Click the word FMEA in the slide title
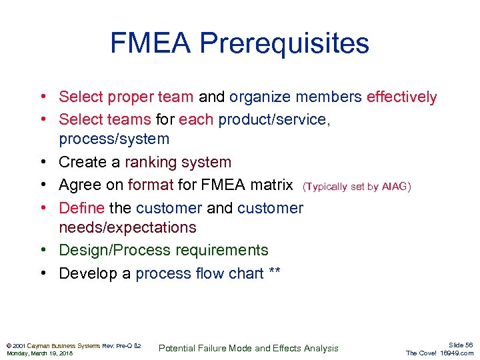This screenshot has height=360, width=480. pos(150,44)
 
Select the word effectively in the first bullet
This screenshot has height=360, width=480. pos(401,97)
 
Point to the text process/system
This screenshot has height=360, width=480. pos(114,139)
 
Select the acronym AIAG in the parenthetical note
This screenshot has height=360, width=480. pos(395,187)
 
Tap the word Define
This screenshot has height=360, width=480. pos(79,207)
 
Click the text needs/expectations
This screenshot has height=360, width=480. pos(127,227)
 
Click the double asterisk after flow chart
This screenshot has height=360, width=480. pos(274,273)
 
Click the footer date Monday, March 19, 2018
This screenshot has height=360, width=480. pos(39,353)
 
